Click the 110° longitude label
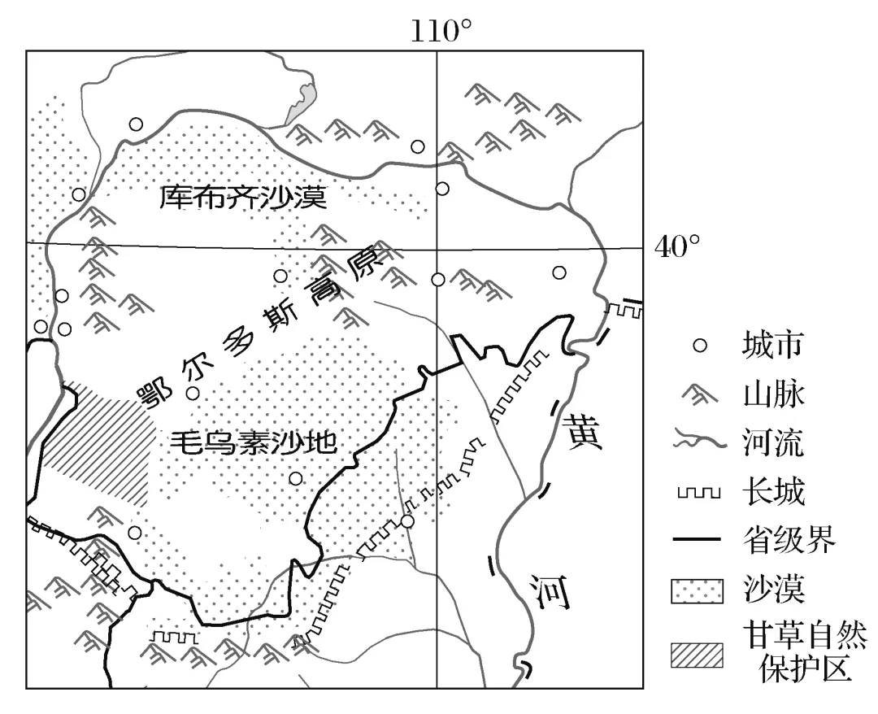coord(440,30)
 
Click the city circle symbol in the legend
coord(698,346)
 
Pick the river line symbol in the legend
coord(698,444)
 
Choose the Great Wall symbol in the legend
coord(698,494)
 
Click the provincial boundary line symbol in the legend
coord(698,540)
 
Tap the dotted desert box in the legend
coord(698,589)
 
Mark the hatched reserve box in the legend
coord(698,654)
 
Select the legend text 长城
coord(772,492)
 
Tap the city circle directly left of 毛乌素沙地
coord(193,394)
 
